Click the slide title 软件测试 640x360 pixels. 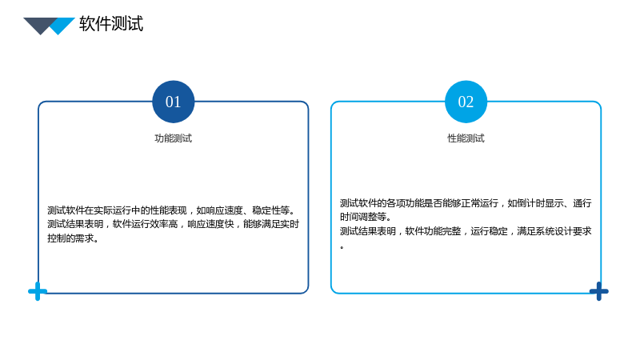[111, 24]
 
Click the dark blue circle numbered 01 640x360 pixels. [173, 102]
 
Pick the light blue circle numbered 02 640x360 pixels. [466, 102]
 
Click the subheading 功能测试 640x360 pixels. [173, 138]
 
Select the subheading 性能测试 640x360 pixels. [466, 138]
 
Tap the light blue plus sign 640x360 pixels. [38, 291]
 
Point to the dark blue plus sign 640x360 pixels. [598, 291]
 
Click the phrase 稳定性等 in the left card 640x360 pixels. [270, 210]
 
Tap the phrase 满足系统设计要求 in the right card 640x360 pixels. [554, 231]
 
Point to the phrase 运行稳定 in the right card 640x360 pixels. [489, 231]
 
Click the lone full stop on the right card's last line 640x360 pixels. [342, 247]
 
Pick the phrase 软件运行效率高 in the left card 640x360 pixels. [146, 225]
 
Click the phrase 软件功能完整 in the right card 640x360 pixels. [433, 231]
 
